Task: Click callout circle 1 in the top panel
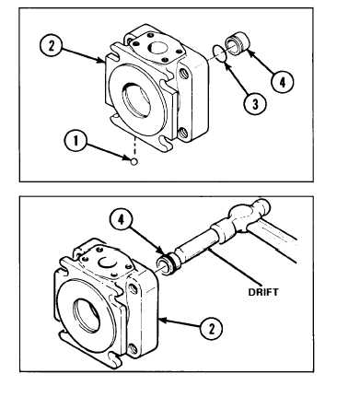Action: point(75,140)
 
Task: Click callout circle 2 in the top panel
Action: point(51,45)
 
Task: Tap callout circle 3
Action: point(255,103)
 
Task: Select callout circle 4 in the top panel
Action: point(282,81)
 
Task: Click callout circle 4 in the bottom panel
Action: point(122,219)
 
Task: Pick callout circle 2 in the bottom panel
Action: point(211,328)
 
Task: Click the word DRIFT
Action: point(263,292)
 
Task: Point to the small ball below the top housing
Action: point(134,161)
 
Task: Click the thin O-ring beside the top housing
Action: point(220,53)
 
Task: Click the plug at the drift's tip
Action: point(168,264)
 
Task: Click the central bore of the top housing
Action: point(138,99)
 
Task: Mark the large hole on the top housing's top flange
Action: point(157,47)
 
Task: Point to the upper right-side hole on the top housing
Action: point(184,74)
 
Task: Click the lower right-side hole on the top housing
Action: point(184,133)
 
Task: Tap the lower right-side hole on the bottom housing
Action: point(133,348)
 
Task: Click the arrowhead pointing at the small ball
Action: point(127,158)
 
